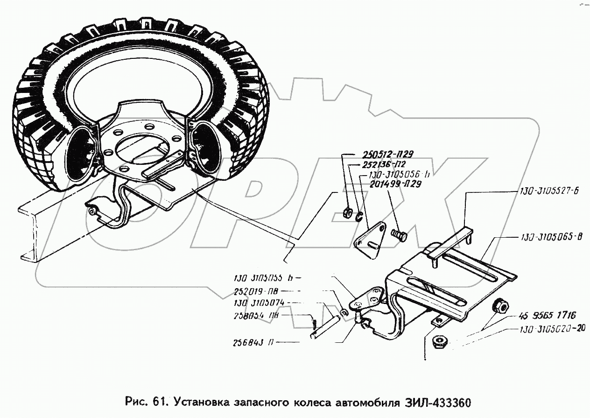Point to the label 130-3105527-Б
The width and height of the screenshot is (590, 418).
pyautogui.click(x=547, y=192)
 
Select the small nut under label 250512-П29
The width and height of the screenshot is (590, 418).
pyautogui.click(x=346, y=213)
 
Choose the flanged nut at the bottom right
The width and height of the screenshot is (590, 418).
pyautogui.click(x=439, y=342)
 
